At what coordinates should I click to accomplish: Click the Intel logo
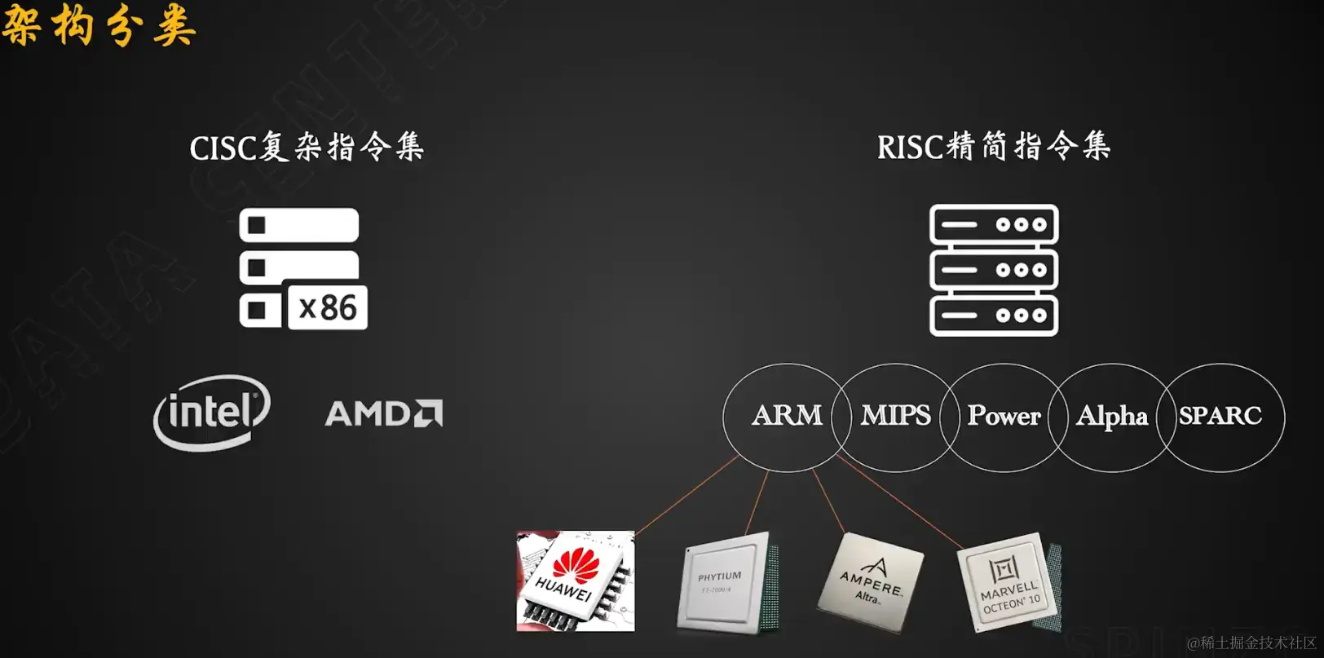coord(212,412)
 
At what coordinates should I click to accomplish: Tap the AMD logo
coord(383,413)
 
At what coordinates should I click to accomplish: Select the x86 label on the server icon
coord(328,308)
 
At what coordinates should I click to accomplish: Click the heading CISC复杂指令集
coord(307,148)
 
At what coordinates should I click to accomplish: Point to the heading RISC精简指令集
coord(993,147)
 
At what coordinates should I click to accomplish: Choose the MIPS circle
coord(895,416)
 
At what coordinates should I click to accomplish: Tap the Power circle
coord(1004,416)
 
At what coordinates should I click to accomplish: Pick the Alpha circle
coord(1111,416)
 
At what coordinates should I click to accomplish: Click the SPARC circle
coord(1220,416)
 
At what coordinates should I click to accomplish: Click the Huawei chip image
coord(576,581)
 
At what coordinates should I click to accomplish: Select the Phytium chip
coord(722,581)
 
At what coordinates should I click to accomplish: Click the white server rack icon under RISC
coord(994,270)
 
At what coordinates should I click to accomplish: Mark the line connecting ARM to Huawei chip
coord(686,495)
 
